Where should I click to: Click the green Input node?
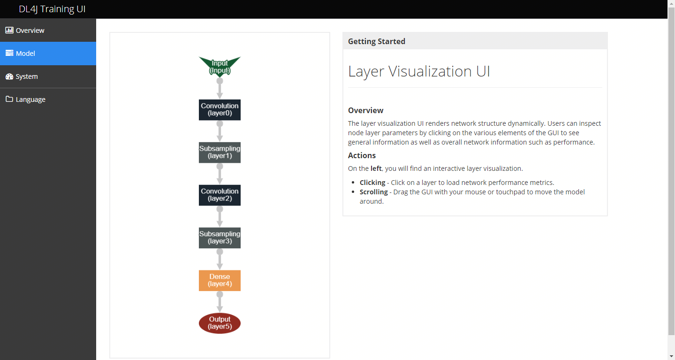coord(220,66)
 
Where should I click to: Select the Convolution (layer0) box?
coord(220,110)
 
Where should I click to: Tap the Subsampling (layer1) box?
coord(220,153)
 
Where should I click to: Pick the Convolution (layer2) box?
coord(220,195)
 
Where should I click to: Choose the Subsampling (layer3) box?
coord(220,237)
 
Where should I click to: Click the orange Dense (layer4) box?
coord(220,280)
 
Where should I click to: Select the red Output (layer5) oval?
coord(220,323)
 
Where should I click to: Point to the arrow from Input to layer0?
coord(220,89)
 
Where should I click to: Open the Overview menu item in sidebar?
coord(30,31)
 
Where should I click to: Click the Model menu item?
coord(25,54)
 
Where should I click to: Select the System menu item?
coord(27,77)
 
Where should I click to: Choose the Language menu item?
coord(30,100)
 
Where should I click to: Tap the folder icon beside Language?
coord(9,99)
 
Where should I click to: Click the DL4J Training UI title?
coord(52,9)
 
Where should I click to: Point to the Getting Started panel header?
coord(377,41)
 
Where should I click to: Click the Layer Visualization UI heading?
coord(419,71)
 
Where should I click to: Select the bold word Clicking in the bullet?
coord(372,183)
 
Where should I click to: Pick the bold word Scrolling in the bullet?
coord(373,192)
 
